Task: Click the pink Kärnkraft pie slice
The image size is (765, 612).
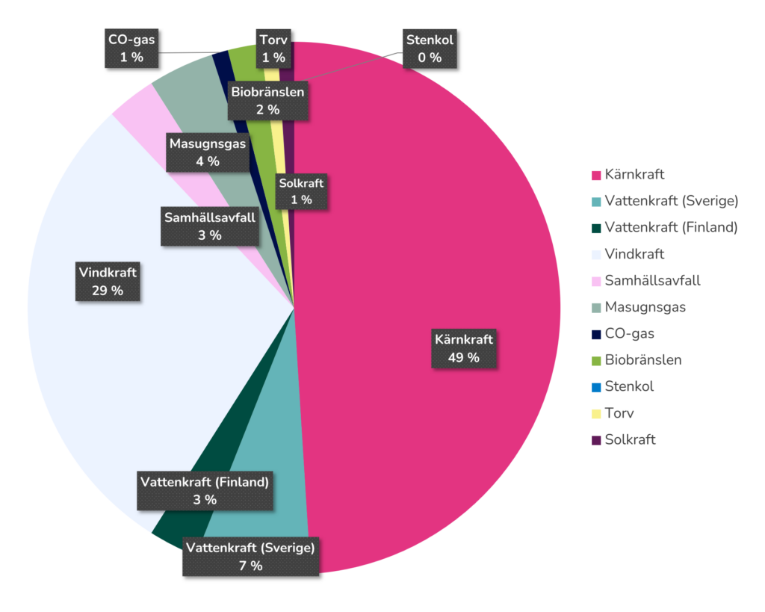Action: pos(418,224)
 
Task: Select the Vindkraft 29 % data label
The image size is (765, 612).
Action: pos(108,281)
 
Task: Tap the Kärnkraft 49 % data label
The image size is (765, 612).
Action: pos(464,348)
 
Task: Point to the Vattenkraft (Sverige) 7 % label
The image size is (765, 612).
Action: pos(250,556)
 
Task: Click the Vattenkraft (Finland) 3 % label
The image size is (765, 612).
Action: pos(204,490)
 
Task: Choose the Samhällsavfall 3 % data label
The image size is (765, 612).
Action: pos(210,226)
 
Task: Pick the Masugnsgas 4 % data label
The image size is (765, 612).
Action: pos(207,152)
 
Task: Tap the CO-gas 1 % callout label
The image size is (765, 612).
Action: pos(131,48)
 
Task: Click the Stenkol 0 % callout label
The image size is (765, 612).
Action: pos(430,48)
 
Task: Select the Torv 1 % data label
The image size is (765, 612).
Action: pos(273,48)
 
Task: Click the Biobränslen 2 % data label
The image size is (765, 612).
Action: pos(267,100)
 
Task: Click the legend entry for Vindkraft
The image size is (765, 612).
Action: pos(634,254)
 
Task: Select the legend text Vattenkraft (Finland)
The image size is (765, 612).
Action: pos(671,227)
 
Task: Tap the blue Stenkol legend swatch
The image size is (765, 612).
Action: pos(595,387)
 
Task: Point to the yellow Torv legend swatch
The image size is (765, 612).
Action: pos(595,413)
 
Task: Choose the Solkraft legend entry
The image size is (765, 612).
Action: pos(630,439)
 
